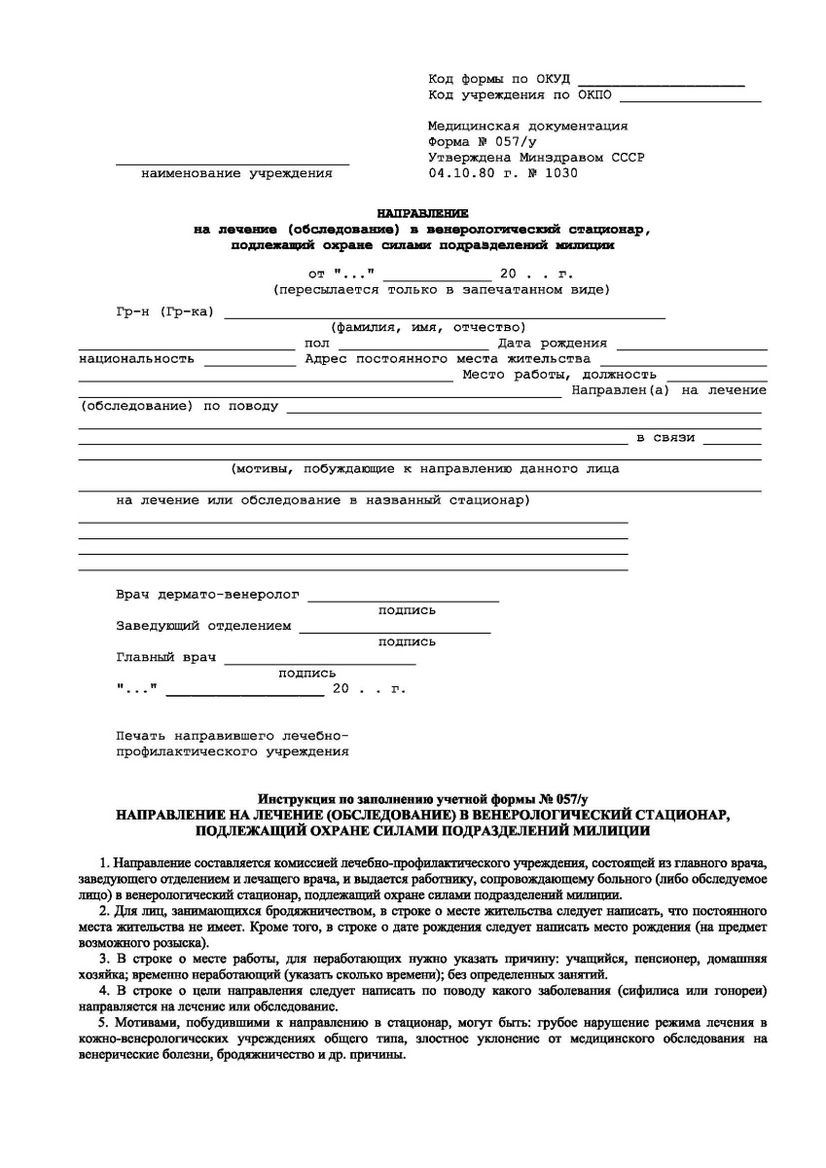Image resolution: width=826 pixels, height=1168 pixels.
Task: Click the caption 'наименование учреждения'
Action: coord(236,173)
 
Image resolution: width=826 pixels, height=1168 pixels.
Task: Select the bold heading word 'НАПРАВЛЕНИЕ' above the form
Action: coord(422,212)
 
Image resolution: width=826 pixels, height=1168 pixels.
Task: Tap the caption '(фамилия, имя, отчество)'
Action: coord(428,327)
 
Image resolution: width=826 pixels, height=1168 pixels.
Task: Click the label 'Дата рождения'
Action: coord(553,343)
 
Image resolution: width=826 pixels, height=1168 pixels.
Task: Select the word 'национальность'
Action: coord(136,358)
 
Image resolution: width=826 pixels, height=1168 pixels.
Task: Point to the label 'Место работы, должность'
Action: coord(559,374)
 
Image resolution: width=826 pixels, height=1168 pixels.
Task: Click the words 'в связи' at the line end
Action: coord(665,437)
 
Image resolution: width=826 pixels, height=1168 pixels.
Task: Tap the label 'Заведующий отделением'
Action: coord(203,626)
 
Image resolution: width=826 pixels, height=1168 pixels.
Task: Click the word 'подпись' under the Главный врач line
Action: coord(307,674)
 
